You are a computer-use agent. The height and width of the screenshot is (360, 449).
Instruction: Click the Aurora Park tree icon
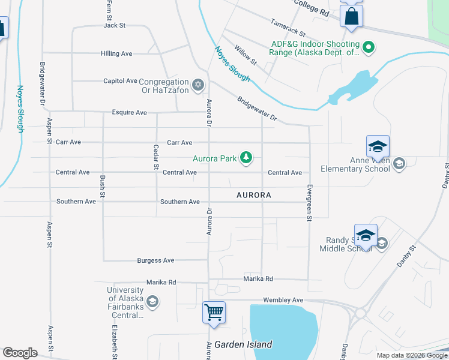(246, 158)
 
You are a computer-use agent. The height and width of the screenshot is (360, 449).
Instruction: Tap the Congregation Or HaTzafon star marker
(198, 83)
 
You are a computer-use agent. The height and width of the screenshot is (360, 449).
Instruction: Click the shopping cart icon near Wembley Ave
(214, 312)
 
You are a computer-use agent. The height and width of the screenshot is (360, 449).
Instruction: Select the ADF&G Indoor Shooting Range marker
(369, 46)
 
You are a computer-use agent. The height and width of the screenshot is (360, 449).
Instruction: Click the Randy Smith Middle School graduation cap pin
(366, 236)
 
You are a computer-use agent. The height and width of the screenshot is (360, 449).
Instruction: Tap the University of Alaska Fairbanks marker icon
(152, 301)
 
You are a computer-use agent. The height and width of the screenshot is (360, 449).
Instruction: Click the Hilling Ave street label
(116, 53)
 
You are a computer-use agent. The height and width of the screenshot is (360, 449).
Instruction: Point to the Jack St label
(114, 25)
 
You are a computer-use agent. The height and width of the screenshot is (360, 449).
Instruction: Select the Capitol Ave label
(120, 81)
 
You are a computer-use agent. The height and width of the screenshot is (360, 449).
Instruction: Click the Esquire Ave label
(129, 112)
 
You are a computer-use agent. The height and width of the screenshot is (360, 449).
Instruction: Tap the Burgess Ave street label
(155, 260)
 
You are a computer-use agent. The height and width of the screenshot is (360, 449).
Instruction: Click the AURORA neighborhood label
(253, 195)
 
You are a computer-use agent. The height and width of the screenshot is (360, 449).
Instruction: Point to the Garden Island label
(243, 344)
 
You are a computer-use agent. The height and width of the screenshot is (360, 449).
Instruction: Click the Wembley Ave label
(283, 299)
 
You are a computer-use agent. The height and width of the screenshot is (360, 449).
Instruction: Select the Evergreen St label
(309, 203)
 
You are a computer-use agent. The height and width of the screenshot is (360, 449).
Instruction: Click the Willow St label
(246, 55)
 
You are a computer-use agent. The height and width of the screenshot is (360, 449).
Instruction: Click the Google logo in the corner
(20, 353)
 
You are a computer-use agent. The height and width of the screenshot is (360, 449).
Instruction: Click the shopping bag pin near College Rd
(351, 16)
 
